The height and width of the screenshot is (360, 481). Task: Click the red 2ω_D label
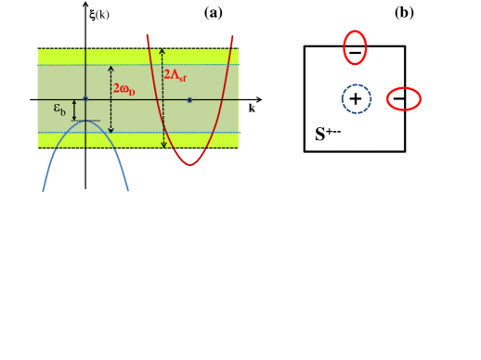123,90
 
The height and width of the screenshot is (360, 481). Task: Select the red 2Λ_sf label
175,75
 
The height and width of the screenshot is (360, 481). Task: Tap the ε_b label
60,109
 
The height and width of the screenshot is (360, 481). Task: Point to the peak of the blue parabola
85,121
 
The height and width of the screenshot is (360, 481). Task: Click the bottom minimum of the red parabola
190,164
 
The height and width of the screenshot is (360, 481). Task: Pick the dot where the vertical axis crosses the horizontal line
85,98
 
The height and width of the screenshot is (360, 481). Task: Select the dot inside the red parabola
189,99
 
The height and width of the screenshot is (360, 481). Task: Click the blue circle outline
356,98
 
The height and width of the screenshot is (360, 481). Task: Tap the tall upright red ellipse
355,47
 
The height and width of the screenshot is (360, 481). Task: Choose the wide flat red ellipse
403,98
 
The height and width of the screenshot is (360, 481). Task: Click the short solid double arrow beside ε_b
74,110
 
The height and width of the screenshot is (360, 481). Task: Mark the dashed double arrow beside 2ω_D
110,98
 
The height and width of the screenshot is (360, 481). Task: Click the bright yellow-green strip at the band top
138,57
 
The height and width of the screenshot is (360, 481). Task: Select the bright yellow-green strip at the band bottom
138,140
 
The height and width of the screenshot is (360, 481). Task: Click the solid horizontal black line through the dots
139,99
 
